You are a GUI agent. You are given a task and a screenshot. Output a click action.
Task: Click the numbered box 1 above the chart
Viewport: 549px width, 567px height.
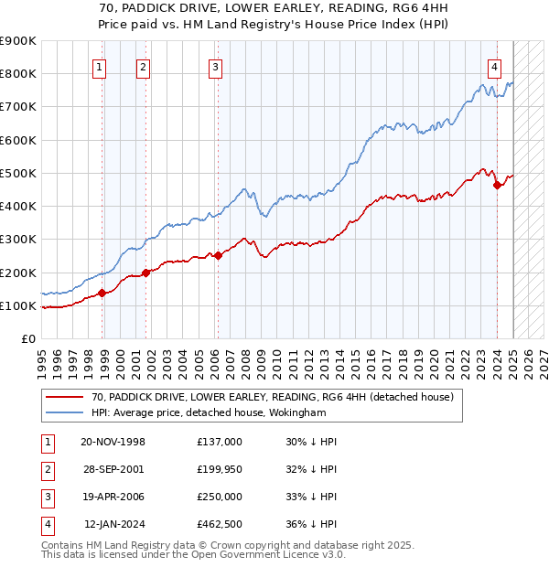pyautogui.click(x=98, y=66)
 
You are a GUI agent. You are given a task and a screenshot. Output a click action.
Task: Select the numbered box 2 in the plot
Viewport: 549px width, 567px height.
pyautogui.click(x=144, y=66)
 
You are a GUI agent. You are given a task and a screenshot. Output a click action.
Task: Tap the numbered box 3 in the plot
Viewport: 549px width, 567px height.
pyautogui.click(x=214, y=66)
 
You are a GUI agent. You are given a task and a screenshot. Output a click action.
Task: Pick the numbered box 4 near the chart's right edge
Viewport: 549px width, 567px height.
pyautogui.click(x=494, y=66)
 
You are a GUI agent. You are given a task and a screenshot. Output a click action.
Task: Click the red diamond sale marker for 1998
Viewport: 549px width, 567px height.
pyautogui.click(x=102, y=293)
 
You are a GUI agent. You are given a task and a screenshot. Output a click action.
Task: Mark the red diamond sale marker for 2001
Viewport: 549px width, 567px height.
pyautogui.click(x=145, y=273)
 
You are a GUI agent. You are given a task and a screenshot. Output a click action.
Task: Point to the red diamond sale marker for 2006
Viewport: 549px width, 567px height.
pyautogui.click(x=218, y=256)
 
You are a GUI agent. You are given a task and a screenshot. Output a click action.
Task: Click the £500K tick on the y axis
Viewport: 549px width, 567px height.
pyautogui.click(x=18, y=173)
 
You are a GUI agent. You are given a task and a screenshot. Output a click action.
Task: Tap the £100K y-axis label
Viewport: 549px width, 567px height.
pyautogui.click(x=18, y=305)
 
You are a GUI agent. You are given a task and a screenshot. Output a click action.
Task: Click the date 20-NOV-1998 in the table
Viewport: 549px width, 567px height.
pyautogui.click(x=113, y=442)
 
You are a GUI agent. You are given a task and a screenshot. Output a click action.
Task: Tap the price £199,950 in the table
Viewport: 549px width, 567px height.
pyautogui.click(x=220, y=469)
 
